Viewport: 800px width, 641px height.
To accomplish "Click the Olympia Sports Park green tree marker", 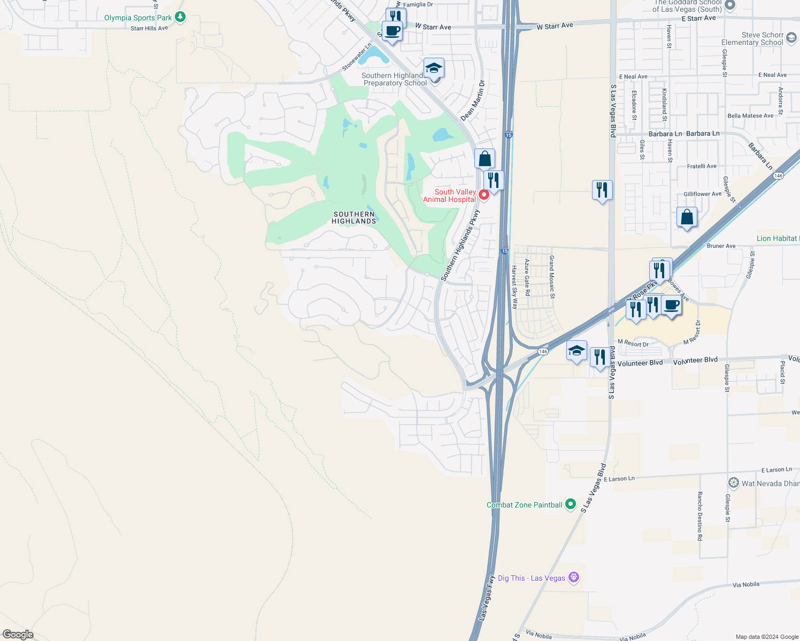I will coord(180,18).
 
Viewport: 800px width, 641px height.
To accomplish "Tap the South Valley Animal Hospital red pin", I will coord(483,195).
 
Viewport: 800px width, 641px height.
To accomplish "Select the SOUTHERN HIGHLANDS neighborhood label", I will coord(353,217).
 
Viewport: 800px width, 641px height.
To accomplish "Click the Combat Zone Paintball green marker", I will coord(571,504).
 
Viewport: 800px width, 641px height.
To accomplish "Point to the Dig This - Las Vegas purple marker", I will coord(574,577).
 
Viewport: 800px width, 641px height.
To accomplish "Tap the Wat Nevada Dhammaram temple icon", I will coord(733,483).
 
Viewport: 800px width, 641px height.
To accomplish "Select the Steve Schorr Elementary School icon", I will coord(791,38).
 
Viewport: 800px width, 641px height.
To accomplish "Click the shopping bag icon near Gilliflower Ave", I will coord(687,217).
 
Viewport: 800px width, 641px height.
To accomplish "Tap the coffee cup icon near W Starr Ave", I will coord(392,31).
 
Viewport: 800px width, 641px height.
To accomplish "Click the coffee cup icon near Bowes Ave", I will coord(672,306).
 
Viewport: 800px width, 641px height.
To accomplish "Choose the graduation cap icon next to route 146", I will coord(576,351).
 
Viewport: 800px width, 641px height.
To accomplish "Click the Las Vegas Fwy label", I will coord(486,598).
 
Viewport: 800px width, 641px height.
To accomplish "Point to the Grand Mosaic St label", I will coord(552,277).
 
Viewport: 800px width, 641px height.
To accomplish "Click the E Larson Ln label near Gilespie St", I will coord(776,470).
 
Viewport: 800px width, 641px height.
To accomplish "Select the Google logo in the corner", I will coord(18,634).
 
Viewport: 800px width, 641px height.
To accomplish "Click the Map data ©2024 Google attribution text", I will coord(767,637).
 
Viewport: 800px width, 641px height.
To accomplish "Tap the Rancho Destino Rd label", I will coord(699,516).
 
